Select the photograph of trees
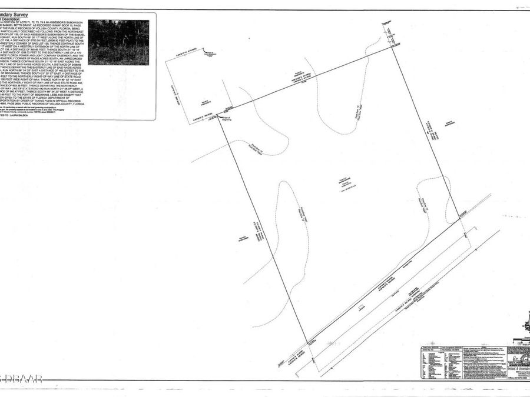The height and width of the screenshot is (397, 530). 118,42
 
